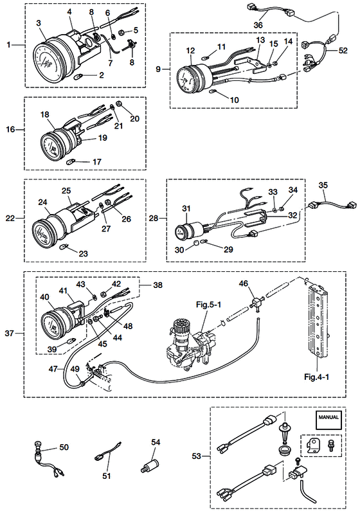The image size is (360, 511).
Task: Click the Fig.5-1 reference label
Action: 208,305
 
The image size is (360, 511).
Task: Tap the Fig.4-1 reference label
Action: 316,377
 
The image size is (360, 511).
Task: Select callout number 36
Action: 258,25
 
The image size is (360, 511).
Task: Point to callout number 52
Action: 343,51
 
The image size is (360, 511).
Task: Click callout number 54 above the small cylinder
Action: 156,442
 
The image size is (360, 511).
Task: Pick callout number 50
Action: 64,447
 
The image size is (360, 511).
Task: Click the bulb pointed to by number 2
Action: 79,77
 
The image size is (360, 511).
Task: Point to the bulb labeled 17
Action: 71,161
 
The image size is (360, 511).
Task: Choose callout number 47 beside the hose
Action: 53,369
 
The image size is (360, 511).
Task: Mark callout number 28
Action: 154,218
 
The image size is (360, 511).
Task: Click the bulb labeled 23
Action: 65,247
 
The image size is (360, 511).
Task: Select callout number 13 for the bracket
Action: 260,40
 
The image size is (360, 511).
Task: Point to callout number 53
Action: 197,456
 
